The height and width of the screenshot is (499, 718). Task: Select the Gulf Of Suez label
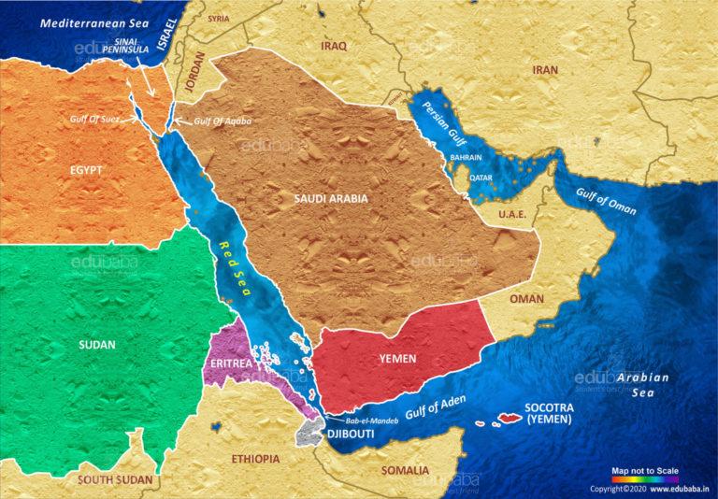(97, 120)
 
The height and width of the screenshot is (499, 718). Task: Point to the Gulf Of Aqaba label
(222, 121)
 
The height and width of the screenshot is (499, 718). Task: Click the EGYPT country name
(85, 170)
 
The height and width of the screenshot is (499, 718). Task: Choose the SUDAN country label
(97, 345)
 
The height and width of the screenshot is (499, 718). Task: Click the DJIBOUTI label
(351, 435)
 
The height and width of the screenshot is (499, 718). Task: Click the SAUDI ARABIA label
(331, 198)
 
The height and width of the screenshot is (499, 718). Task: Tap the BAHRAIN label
(467, 158)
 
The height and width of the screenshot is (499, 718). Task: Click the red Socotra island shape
(510, 418)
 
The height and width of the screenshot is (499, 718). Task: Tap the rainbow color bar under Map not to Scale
(644, 478)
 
